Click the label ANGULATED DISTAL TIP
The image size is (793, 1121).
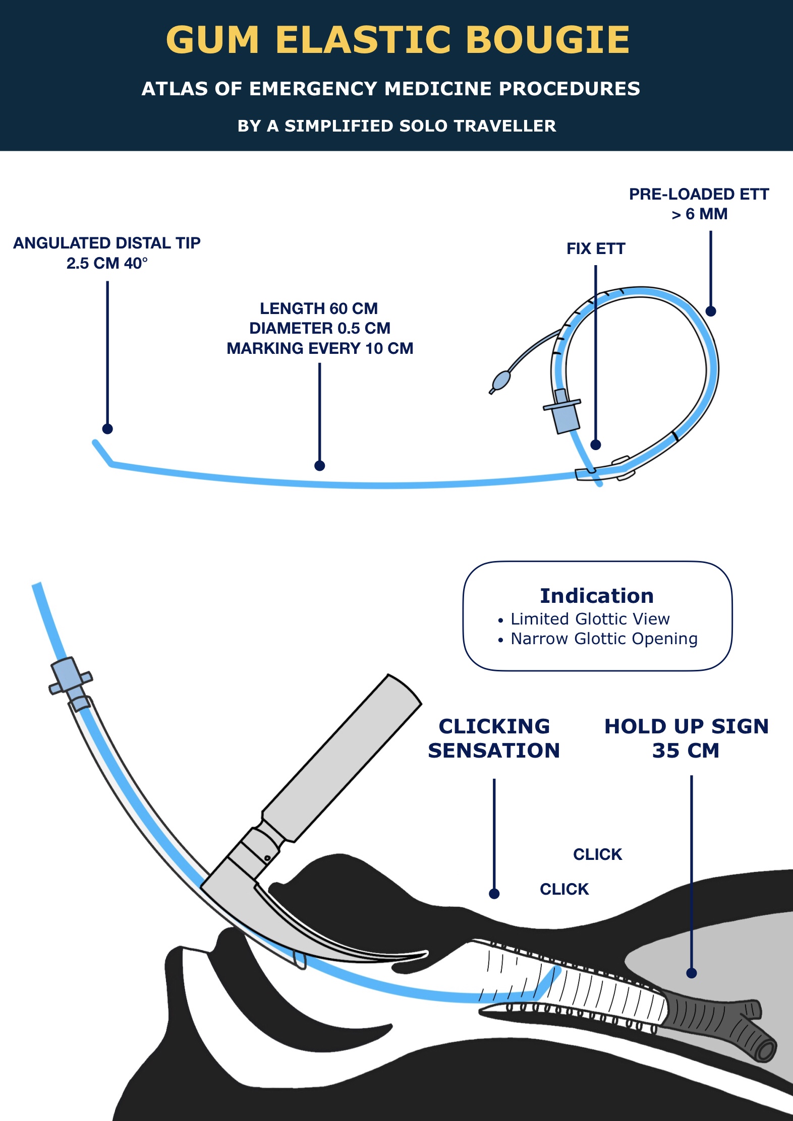(107, 243)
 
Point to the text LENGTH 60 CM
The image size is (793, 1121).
(319, 308)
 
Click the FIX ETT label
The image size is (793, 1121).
(596, 249)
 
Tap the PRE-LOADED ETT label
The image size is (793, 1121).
(699, 195)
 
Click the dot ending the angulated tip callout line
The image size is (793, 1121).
(107, 429)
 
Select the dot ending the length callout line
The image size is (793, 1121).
(319, 466)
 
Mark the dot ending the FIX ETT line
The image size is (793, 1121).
(596, 445)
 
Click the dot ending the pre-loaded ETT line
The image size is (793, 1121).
(711, 311)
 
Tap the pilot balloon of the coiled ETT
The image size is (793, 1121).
(501, 381)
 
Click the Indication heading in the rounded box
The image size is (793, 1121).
(597, 596)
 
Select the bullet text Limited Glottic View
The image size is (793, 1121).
(590, 619)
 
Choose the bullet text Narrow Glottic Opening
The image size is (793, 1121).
(604, 639)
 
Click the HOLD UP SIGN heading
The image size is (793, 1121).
(686, 727)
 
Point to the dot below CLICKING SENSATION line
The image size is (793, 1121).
(494, 894)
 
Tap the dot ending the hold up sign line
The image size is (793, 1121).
(692, 973)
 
